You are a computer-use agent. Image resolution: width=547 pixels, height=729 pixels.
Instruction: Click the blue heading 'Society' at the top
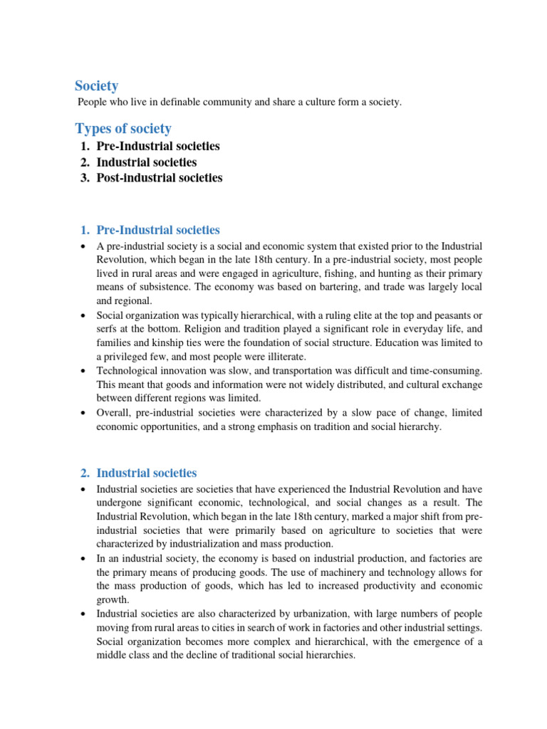[97, 86]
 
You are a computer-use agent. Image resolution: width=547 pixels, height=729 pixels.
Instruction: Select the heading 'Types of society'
[123, 128]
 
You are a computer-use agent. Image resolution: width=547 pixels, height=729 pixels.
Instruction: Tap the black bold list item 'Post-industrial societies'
[160, 178]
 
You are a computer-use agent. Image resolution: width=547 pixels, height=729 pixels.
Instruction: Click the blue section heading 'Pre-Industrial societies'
[158, 230]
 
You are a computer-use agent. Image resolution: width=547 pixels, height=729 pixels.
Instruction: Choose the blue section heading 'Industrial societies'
[147, 473]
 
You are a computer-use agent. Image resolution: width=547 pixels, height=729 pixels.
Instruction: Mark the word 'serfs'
[108, 329]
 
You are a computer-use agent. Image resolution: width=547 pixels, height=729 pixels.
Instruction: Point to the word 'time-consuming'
[447, 370]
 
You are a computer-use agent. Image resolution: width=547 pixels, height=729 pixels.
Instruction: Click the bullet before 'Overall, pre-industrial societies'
[84, 413]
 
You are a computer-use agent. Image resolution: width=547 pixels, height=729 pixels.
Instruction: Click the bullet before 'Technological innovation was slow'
[84, 371]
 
